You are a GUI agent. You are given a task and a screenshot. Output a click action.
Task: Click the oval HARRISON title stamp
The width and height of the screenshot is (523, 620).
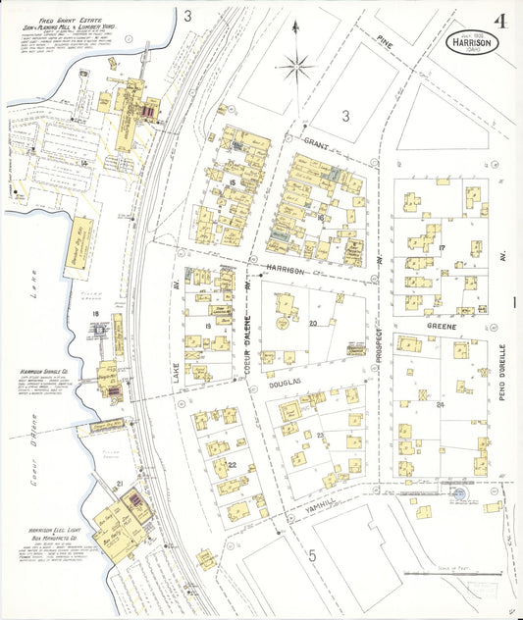(474, 43)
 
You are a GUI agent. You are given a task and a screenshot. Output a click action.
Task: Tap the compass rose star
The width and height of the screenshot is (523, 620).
(296, 67)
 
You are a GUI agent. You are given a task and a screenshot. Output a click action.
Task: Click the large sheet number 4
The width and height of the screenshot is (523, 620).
(500, 21)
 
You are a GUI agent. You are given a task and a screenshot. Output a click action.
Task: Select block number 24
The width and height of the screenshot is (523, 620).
(441, 404)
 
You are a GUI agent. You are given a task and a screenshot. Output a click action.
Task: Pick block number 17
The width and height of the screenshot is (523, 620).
(443, 246)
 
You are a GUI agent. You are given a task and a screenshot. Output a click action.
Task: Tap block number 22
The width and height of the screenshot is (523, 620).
(232, 465)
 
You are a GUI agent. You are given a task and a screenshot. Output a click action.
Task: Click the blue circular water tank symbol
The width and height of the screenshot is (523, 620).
(458, 496)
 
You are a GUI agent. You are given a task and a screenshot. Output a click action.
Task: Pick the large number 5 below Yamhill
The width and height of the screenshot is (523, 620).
(312, 556)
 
